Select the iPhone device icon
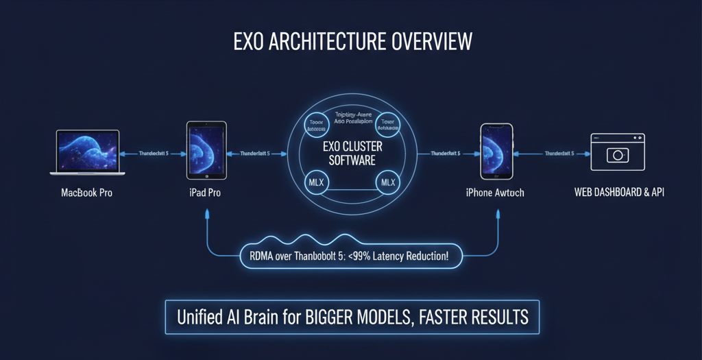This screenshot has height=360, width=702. coord(496,153)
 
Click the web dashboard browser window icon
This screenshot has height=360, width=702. coord(618,152)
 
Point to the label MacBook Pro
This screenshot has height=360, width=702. coord(86,193)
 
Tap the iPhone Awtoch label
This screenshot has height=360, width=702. coord(494,193)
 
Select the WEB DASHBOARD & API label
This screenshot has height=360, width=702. coord(619,193)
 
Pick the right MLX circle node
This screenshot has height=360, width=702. coord(388,182)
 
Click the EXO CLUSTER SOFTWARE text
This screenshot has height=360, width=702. coord(352,154)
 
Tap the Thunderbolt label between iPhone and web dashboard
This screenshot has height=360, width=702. coord(559,154)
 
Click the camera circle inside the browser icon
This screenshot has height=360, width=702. coord(618,156)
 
